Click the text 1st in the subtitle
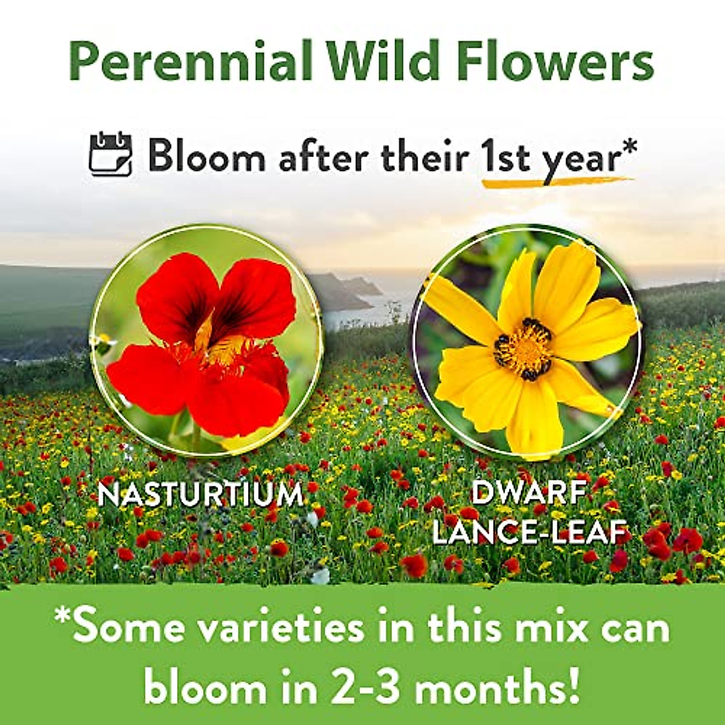pos(505,157)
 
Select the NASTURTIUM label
pos(201,495)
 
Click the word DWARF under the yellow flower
pos(528,493)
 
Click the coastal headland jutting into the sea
pos(350,290)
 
